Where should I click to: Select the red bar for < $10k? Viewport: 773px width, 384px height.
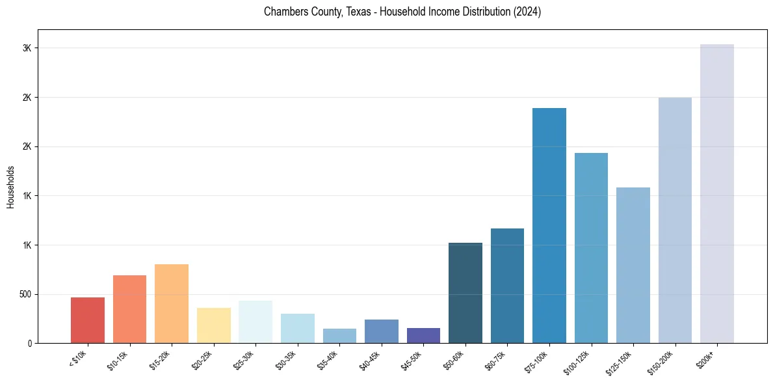(x=88, y=320)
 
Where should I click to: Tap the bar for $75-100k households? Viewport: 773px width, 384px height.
(x=549, y=225)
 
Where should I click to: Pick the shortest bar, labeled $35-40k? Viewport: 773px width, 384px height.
(x=339, y=336)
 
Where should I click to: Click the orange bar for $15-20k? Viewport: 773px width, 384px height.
(x=172, y=303)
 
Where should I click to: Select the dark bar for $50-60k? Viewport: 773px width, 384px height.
(x=465, y=293)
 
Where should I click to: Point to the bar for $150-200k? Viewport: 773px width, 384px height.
(x=675, y=220)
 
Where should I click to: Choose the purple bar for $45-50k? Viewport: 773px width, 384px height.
(x=423, y=335)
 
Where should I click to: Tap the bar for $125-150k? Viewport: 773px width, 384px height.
(x=633, y=265)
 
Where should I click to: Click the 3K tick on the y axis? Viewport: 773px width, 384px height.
(x=27, y=48)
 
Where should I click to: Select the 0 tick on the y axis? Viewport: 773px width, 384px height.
(x=29, y=343)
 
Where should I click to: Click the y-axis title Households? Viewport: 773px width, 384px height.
(x=10, y=187)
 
